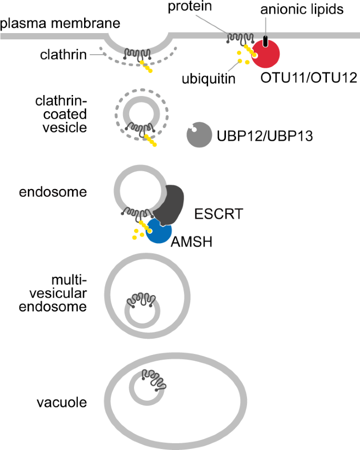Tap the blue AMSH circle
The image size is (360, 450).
click(x=159, y=231)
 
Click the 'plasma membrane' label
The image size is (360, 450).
click(x=60, y=24)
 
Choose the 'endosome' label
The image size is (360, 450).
click(x=53, y=192)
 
